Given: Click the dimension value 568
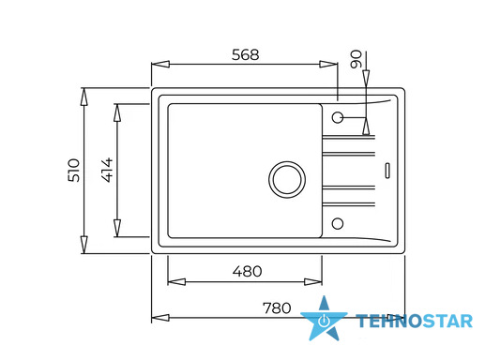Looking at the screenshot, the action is pos(246,54).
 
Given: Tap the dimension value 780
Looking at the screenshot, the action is pos(277,308).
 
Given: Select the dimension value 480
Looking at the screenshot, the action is pos(247,271).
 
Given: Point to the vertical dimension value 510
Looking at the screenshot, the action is pos(74,171).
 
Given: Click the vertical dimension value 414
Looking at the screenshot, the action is pos(107,170).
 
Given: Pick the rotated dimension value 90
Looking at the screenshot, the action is pos(356,59).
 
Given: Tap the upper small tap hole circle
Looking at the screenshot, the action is pos(338,117).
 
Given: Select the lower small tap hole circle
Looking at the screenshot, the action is pos(338,223).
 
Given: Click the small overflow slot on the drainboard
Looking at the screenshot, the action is pos(387,171).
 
